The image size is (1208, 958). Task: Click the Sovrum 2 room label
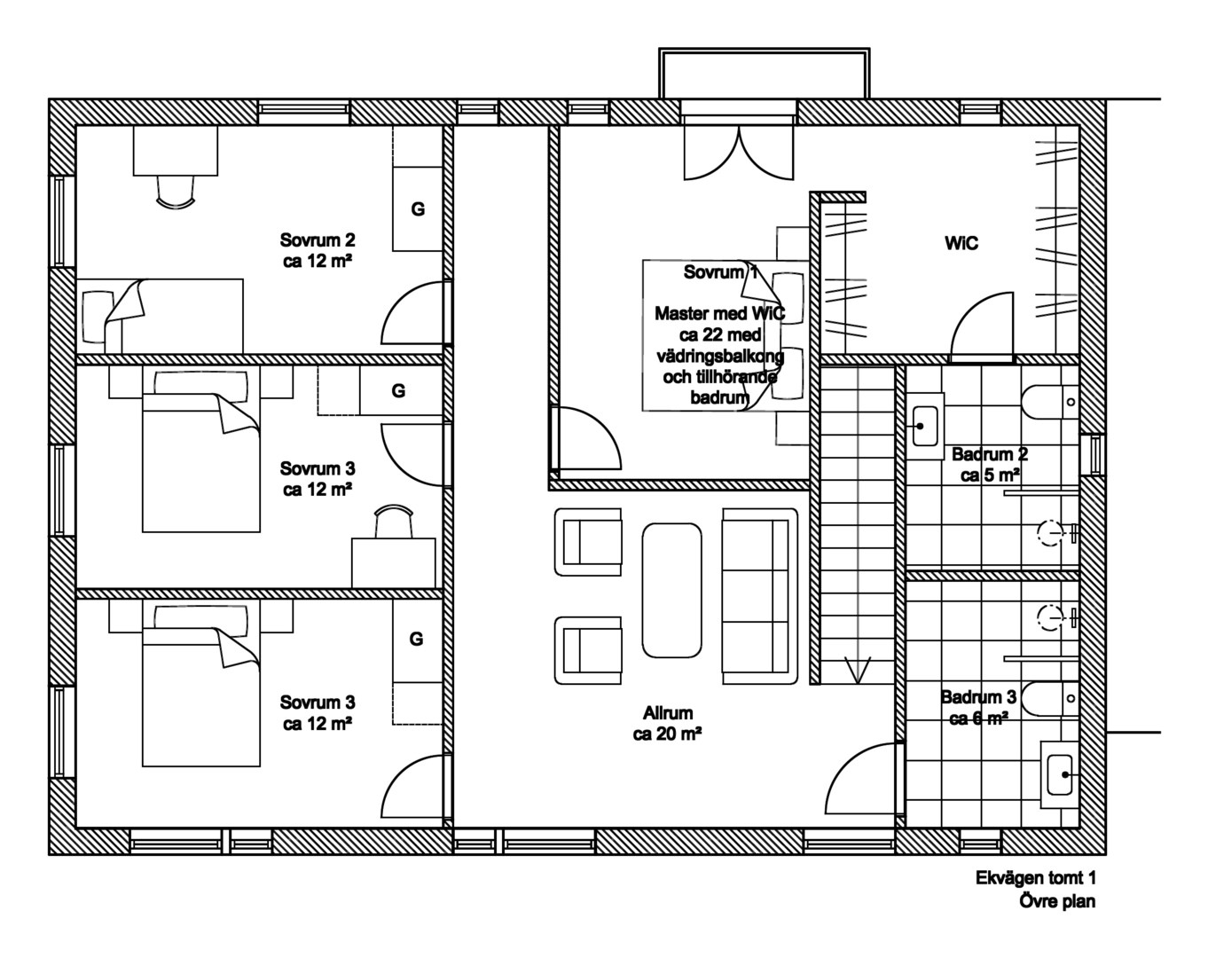tap(318, 250)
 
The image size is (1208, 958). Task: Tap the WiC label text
tap(961, 243)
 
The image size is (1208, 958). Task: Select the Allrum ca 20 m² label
tap(668, 723)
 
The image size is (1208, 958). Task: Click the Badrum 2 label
tap(989, 465)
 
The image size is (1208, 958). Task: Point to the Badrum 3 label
tap(978, 708)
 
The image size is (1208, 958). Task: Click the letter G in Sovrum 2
tap(418, 209)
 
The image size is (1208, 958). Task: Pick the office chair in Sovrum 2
tap(176, 192)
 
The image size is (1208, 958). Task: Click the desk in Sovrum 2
tap(175, 150)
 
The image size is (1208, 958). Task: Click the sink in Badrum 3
tap(1060, 774)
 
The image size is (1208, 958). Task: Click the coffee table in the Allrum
tap(671, 590)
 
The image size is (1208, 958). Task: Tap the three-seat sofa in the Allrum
tap(760, 596)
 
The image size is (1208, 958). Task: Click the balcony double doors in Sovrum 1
tap(739, 153)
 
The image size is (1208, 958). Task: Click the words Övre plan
tap(1057, 901)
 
